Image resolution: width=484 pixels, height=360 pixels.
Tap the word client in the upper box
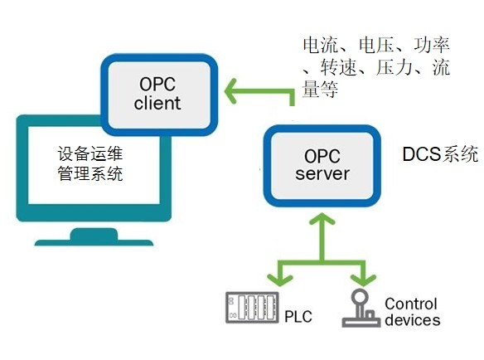click(157, 103)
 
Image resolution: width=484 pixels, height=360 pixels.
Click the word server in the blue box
click(322, 174)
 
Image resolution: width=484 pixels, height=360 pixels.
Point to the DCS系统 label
click(440, 154)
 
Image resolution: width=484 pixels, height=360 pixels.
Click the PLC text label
click(298, 317)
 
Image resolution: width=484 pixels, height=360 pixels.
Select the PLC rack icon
click(252, 308)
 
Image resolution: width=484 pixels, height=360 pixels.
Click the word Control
click(411, 304)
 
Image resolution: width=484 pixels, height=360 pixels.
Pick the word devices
click(413, 319)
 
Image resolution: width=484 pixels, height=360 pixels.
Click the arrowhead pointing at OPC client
click(230, 91)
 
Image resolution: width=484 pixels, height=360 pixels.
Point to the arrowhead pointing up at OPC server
click(322, 218)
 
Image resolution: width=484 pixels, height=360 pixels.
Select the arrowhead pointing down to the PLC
click(279, 280)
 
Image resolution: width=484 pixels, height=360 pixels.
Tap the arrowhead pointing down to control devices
click(363, 280)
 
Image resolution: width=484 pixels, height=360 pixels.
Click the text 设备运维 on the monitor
click(90, 153)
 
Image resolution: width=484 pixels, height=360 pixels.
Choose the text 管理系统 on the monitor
click(90, 173)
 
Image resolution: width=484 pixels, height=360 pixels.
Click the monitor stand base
click(94, 237)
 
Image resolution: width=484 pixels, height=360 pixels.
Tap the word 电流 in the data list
click(321, 45)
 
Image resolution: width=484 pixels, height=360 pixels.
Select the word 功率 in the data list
click(432, 45)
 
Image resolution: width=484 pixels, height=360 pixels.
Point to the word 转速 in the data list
click(338, 67)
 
